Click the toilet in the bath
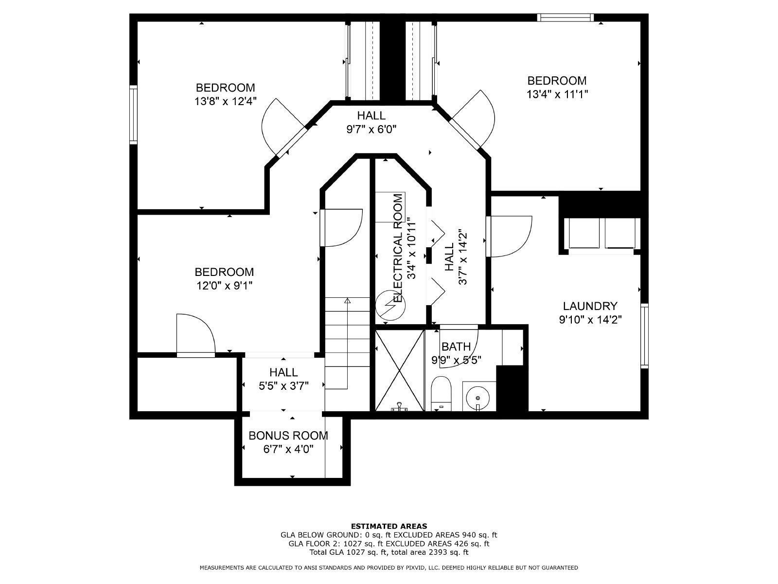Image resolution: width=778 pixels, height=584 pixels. (x=442, y=391)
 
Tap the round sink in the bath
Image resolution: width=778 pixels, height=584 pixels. (x=478, y=397)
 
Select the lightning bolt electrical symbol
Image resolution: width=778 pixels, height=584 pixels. (x=390, y=305)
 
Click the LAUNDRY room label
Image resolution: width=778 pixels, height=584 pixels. (x=590, y=306)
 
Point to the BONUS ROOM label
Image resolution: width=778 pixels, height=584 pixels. (x=288, y=436)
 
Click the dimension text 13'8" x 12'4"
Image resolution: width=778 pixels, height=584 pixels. (x=225, y=101)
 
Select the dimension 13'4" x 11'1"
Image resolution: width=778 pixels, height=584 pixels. (x=557, y=94)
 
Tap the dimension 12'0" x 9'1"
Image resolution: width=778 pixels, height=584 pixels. (x=224, y=286)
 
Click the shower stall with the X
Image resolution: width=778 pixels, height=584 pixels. (x=399, y=370)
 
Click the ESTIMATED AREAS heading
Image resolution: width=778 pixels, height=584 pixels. (x=389, y=526)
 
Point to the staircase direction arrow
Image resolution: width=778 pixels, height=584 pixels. (x=347, y=301)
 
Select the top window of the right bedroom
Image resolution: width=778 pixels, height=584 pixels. (x=565, y=18)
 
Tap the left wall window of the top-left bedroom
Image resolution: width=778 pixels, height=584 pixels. (x=133, y=114)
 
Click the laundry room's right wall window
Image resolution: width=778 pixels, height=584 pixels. (x=645, y=336)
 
